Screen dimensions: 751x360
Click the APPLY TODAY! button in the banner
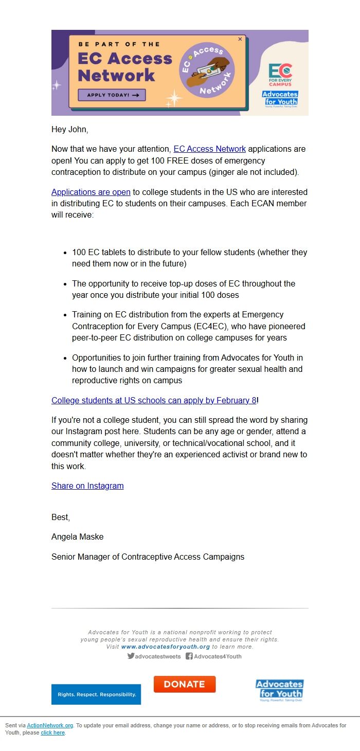112,95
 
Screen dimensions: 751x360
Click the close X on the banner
240,39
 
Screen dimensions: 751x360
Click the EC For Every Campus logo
280,75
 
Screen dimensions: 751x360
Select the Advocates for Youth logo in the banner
280,98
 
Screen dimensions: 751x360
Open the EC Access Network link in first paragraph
209,149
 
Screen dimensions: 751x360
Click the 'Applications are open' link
91,192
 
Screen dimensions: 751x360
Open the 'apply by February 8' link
154,400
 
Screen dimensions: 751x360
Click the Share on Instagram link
87,486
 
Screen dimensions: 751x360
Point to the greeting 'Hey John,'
70,130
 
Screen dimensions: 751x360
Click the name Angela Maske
78,537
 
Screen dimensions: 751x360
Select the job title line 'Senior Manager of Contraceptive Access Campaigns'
148,557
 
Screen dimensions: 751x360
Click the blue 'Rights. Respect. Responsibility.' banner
96,694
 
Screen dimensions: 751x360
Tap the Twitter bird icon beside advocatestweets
131,656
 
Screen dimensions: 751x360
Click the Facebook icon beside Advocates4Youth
189,656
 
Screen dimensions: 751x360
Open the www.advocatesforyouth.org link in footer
166,647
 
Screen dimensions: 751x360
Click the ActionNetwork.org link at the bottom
50,726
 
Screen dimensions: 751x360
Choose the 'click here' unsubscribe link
53,733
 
